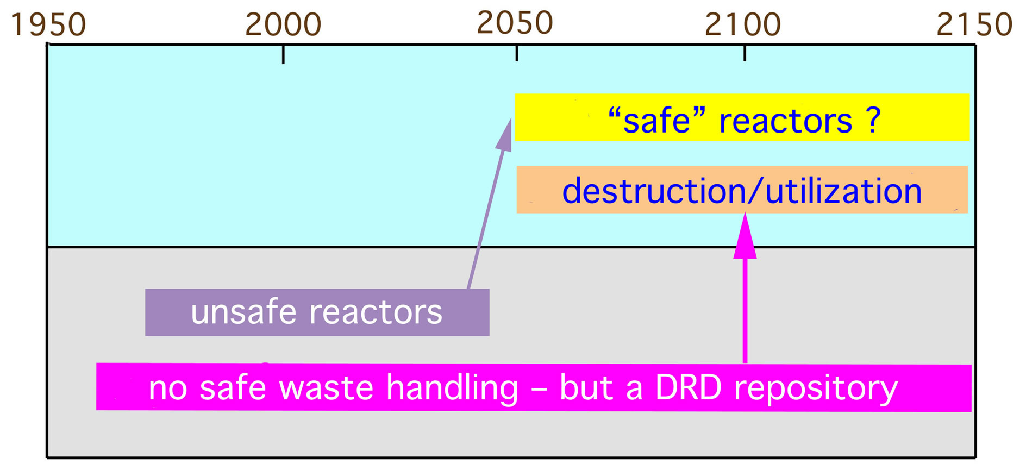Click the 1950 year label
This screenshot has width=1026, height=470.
point(48,25)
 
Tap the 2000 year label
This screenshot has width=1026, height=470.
point(283,25)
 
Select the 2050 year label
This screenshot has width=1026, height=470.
point(515,23)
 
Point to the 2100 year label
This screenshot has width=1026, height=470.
point(743,25)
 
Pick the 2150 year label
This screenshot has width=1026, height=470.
point(974,25)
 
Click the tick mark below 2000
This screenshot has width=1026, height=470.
point(283,54)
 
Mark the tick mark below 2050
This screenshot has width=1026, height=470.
point(517,53)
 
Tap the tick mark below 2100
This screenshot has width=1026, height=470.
point(745,53)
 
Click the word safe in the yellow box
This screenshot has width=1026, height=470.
point(656,121)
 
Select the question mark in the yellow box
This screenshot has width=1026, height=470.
point(873,121)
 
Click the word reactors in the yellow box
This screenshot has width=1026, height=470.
point(786,122)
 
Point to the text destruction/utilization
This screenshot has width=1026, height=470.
point(742,191)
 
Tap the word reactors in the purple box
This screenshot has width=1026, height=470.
point(376,313)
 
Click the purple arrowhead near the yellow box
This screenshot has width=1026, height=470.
point(504,135)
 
